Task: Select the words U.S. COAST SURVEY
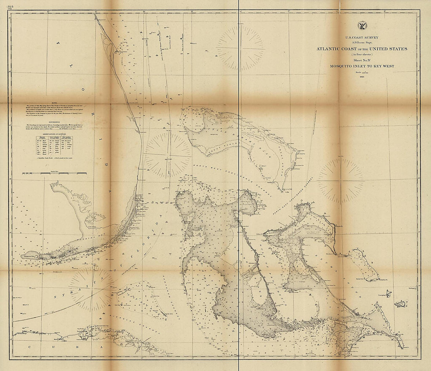point(362,38)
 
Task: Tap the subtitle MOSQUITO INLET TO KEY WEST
point(362,66)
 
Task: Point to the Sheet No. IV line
point(362,60)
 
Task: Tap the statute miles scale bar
point(54,172)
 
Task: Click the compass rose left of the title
point(240,48)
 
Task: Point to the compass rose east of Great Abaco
point(341,181)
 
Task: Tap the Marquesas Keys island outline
point(31,256)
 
